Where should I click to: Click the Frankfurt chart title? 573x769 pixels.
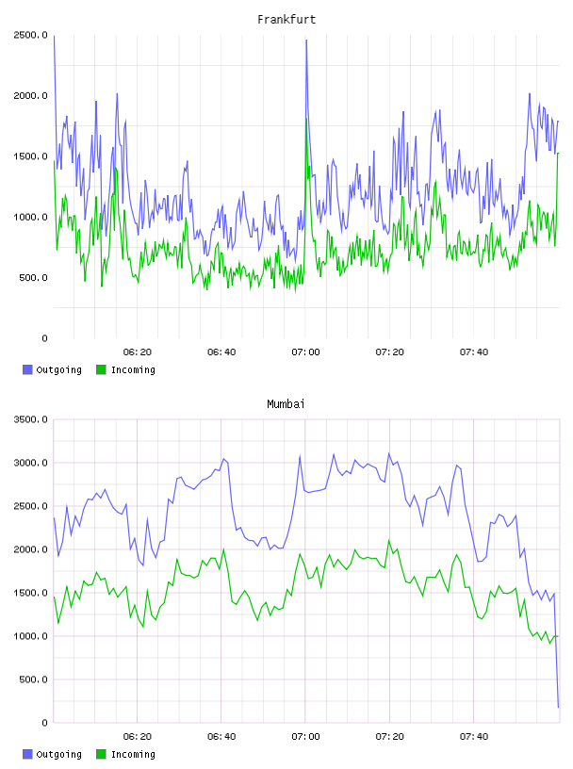point(286,19)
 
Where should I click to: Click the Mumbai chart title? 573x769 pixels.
point(286,403)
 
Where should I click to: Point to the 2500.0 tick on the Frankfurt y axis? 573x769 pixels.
point(30,35)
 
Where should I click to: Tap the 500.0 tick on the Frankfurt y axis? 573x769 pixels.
point(33,278)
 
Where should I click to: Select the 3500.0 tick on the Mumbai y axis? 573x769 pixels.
point(30,419)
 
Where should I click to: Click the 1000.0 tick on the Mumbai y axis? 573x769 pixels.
point(30,636)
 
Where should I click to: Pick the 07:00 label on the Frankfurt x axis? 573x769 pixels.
point(305,352)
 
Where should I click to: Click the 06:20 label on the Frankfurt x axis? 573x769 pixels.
point(138,352)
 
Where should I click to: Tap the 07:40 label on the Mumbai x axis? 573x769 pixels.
point(474,736)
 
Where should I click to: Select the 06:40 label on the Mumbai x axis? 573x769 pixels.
point(221,736)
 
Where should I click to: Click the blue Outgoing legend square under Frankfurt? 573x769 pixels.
point(27,369)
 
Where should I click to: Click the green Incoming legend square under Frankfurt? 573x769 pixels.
point(101,369)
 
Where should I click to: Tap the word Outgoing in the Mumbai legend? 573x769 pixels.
point(58,754)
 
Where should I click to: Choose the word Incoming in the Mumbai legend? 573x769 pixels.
point(133,754)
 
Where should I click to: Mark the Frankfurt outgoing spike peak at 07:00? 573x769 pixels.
point(306,41)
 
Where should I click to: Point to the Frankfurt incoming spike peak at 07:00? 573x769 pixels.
point(306,119)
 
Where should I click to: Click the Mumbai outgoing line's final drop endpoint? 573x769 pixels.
point(558,707)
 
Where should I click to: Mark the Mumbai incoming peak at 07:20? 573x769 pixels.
point(389,540)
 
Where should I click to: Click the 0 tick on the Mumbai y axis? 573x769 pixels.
point(44,723)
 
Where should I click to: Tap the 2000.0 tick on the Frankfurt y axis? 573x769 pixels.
point(30,95)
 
